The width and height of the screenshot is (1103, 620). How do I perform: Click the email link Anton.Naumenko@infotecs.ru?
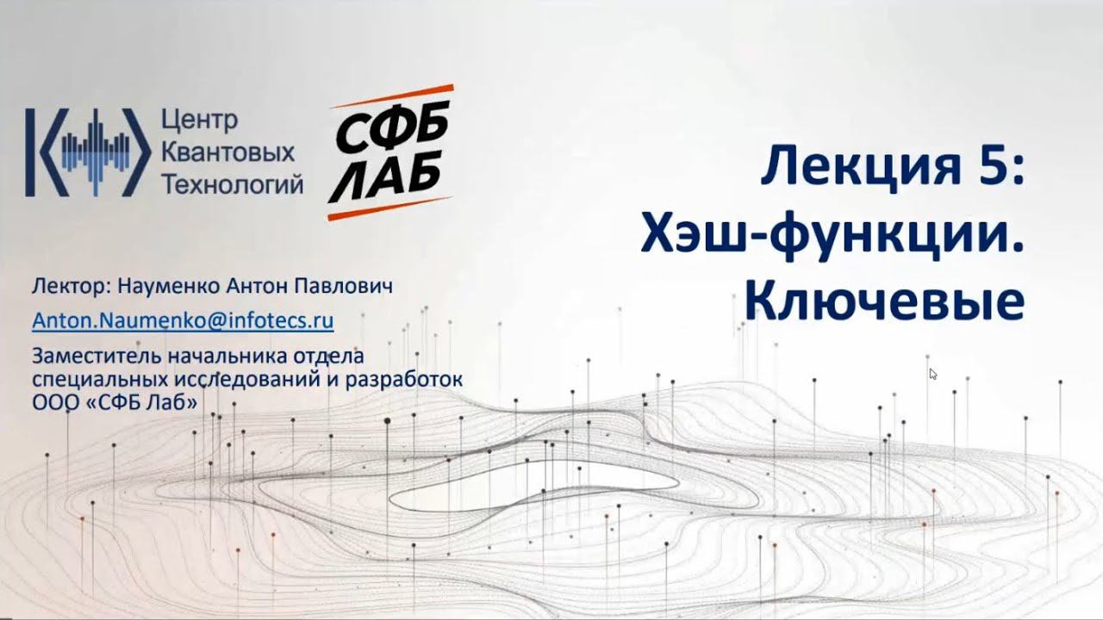[x=183, y=320]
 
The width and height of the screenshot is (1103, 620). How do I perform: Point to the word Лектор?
[x=59, y=286]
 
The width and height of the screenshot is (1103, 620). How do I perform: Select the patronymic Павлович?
[x=349, y=286]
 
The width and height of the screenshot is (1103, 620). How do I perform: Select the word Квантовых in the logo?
[x=228, y=152]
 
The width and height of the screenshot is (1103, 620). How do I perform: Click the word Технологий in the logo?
[x=233, y=183]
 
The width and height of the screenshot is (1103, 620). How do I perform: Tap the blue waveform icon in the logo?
[x=82, y=152]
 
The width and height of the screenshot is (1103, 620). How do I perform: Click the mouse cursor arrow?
[x=932, y=374]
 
